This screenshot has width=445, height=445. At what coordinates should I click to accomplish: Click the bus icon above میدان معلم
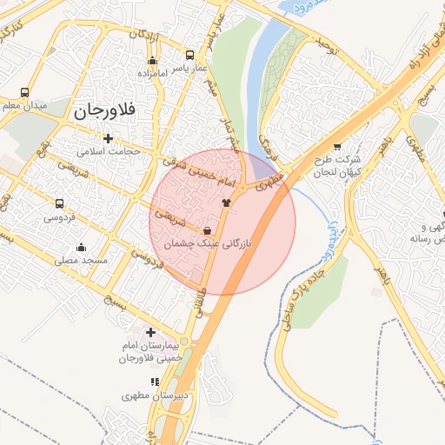(x=23, y=92)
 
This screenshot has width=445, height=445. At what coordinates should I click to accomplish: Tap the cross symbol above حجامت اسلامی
(x=108, y=138)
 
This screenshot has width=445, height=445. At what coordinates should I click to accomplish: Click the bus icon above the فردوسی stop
(x=58, y=202)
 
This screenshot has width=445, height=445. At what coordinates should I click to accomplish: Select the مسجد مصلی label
(x=80, y=260)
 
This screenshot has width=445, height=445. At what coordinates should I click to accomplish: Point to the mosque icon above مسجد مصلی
(x=82, y=247)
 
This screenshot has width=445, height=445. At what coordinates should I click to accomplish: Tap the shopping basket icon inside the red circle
(x=207, y=231)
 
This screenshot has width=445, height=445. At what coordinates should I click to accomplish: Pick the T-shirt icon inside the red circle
(x=227, y=202)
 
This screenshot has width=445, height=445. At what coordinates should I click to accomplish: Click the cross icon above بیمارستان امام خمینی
(x=151, y=332)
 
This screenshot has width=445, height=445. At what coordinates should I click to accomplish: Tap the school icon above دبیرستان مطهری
(x=155, y=382)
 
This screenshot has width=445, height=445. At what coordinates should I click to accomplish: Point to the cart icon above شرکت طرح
(x=337, y=147)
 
